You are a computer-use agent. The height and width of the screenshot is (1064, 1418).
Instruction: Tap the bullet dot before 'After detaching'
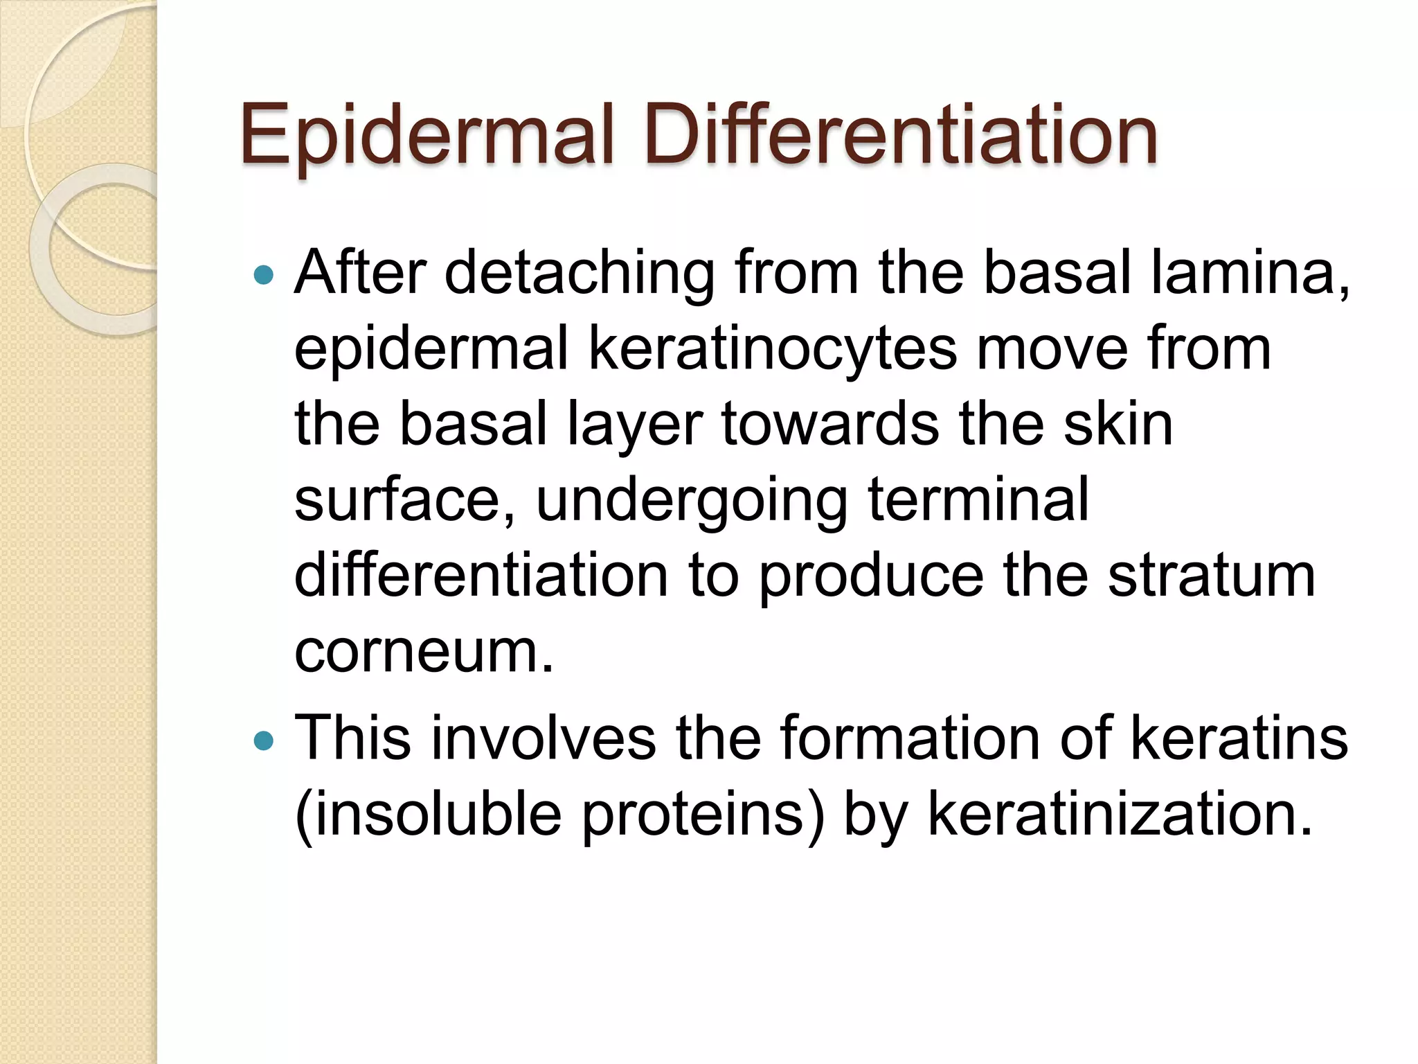264,276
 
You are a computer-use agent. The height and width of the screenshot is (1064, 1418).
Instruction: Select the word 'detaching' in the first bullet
579,274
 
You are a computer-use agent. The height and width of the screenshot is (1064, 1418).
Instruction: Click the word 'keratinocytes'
773,351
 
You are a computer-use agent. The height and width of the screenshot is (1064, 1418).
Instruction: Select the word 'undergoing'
692,503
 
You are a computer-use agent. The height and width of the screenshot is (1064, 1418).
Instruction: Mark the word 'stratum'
1211,576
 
